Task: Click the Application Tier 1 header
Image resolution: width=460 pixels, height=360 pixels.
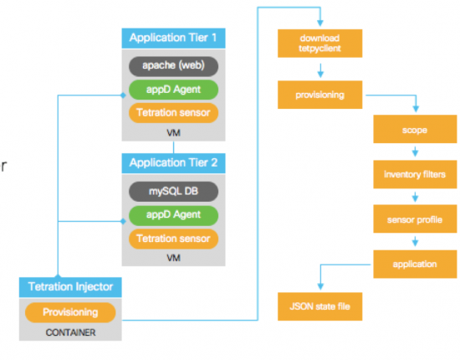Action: [173, 38]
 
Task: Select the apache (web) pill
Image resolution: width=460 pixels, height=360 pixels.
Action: [173, 65]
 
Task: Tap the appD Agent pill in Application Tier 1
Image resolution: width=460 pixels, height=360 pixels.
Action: [173, 89]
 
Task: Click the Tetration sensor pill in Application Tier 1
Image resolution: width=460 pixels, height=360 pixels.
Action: [173, 112]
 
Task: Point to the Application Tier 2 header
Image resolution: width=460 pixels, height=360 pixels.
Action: [173, 163]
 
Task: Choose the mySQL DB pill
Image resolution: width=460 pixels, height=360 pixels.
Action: [173, 191]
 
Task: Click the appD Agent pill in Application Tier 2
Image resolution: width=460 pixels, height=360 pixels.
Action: [173, 214]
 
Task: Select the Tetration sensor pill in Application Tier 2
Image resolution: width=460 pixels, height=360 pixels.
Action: [173, 239]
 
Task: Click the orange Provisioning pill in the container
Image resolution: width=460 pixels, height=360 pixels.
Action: [70, 312]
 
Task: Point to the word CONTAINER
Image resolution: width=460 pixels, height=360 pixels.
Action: [70, 332]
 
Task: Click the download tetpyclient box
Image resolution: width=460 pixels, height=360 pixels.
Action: [320, 44]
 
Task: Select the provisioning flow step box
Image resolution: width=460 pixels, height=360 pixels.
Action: [320, 95]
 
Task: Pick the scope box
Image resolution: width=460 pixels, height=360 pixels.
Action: [416, 132]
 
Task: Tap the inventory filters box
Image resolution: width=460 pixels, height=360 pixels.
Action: [416, 176]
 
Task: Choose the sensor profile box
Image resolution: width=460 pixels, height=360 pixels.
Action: [416, 220]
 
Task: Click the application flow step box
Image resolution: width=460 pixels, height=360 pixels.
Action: [416, 264]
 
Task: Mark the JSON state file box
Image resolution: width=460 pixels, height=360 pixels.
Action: [320, 306]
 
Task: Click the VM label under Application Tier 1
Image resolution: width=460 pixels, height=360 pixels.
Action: [173, 132]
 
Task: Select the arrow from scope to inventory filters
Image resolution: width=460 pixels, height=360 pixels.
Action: [416, 153]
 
